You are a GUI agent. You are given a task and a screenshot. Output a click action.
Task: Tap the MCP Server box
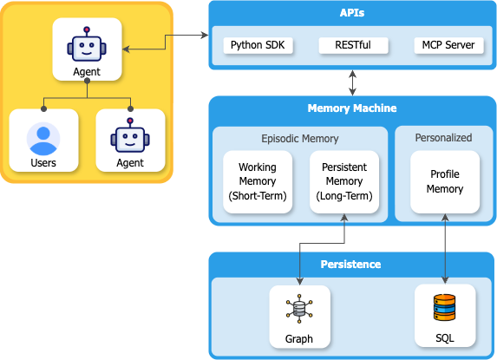tap(448, 44)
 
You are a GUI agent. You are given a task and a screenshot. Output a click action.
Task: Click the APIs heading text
tap(351, 14)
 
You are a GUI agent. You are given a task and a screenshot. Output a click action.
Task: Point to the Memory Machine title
tap(351, 108)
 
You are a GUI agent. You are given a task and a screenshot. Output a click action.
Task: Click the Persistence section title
tap(351, 264)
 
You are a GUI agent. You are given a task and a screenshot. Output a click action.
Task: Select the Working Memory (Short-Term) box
tap(257, 181)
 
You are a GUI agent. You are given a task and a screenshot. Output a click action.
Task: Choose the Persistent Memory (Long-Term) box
tap(344, 181)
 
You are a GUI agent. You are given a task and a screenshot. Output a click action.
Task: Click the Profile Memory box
tap(445, 181)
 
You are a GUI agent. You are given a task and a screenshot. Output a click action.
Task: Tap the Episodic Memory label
tap(299, 138)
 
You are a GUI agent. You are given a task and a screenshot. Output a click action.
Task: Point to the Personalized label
tap(444, 137)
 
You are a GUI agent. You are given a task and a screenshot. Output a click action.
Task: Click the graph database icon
tap(298, 308)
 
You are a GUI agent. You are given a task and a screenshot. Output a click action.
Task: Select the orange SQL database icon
tap(444, 308)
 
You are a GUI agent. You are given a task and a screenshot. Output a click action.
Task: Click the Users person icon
tap(43, 137)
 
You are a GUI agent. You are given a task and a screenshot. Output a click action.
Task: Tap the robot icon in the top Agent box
tap(86, 43)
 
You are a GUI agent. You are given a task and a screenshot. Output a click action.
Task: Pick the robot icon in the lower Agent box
tap(129, 136)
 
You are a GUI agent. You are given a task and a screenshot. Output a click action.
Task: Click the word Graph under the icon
tap(298, 338)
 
